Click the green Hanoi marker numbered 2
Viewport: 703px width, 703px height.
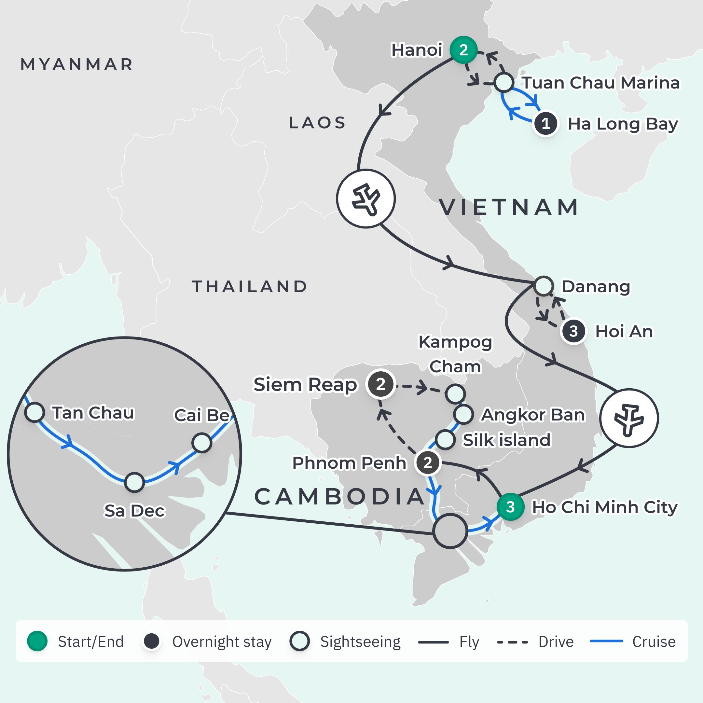[463, 50]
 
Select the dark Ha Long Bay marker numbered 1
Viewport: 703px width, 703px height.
[545, 124]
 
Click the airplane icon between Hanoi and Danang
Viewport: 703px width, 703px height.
[366, 199]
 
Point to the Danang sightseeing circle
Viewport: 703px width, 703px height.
[544, 286]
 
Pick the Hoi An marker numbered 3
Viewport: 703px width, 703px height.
[573, 331]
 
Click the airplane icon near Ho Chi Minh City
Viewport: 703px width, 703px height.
[629, 418]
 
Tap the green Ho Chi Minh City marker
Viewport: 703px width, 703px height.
[510, 507]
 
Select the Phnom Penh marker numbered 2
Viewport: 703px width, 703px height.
[428, 462]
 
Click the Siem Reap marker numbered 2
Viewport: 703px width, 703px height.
[380, 384]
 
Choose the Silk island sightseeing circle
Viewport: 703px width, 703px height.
[445, 440]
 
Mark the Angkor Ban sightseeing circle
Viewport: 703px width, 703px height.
[463, 414]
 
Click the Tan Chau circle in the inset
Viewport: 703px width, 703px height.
[34, 412]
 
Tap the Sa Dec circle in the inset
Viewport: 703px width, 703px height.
[134, 482]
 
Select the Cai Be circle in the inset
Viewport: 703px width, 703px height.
[201, 443]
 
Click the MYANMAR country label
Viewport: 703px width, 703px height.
[77, 64]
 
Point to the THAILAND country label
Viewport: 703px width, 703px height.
[250, 286]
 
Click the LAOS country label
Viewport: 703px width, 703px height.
[317, 123]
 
